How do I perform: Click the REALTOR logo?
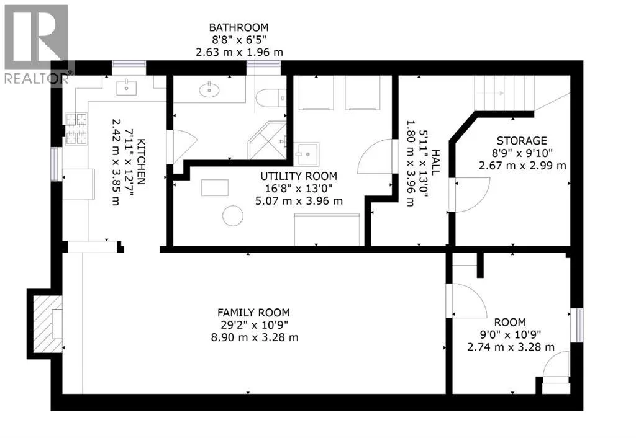click(x=37, y=44)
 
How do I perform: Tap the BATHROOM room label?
click(x=238, y=27)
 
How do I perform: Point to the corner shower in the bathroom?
click(x=268, y=140)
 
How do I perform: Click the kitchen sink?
click(x=126, y=87)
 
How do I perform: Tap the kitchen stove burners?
click(x=76, y=128)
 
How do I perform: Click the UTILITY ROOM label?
click(x=299, y=176)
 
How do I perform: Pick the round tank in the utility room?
click(x=233, y=215)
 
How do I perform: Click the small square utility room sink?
click(x=307, y=154)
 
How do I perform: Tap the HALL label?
click(x=435, y=163)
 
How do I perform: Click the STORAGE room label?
click(x=522, y=141)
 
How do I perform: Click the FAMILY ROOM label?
click(x=253, y=313)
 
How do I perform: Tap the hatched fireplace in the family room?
click(x=47, y=324)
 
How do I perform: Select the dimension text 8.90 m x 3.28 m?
click(x=254, y=337)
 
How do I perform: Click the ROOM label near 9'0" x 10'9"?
click(x=510, y=323)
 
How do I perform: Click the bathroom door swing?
click(x=182, y=146)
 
